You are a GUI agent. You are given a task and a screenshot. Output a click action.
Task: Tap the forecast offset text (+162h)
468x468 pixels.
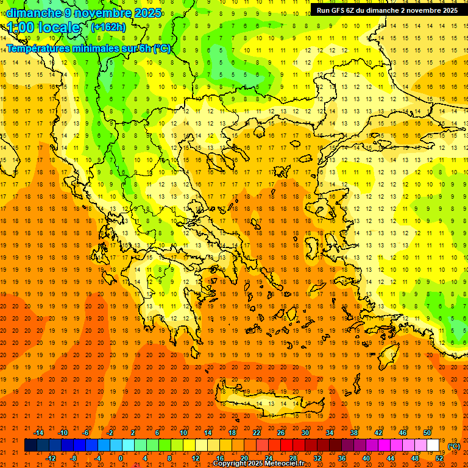(108, 27)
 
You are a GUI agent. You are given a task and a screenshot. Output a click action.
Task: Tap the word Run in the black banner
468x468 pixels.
(323, 10)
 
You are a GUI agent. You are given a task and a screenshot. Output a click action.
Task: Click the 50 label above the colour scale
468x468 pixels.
(427, 433)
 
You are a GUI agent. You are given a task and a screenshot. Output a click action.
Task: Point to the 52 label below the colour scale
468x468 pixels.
(439, 458)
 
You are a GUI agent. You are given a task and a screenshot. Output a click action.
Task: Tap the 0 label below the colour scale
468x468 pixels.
(121, 458)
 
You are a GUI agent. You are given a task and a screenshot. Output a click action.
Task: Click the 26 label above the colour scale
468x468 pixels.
(281, 433)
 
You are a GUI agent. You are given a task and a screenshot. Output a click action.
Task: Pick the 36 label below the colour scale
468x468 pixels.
(342, 458)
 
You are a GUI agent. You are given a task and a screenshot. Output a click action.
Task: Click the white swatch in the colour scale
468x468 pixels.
(433, 445)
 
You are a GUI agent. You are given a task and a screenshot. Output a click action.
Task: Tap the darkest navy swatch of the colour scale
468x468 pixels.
(30, 445)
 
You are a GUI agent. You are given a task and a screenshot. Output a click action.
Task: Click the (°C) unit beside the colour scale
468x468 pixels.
(453, 446)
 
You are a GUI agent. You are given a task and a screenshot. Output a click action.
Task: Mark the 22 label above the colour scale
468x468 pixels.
(257, 433)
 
